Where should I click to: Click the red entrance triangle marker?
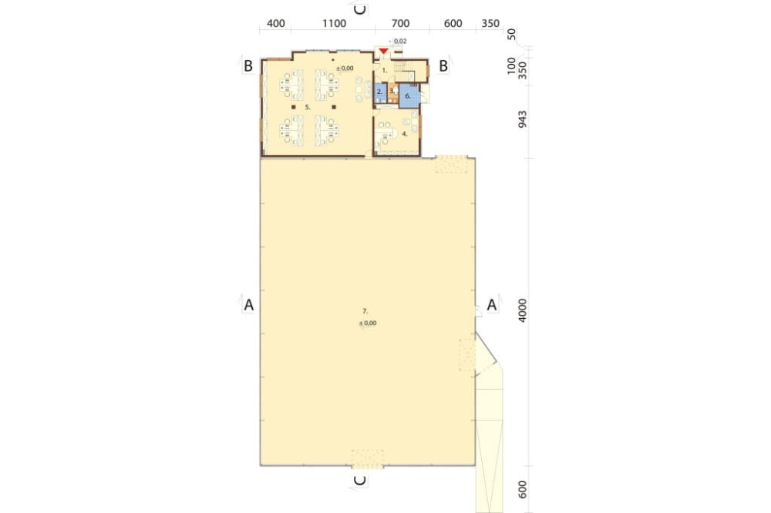coord(383,51)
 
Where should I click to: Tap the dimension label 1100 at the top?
coord(335,24)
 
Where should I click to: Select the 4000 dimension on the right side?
coord(522,310)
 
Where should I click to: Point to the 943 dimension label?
coord(522,119)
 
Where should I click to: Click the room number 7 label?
coord(365,311)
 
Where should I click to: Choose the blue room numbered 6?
coord(408,96)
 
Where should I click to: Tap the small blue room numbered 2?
coord(380,93)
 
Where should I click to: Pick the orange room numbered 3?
coord(392,93)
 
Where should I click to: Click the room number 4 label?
coord(405,134)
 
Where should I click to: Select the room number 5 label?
coord(308,106)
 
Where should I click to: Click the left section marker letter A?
coord(249,305)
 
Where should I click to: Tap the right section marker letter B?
coord(443,66)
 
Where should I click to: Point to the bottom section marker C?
coord(360,480)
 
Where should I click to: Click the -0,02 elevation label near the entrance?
coord(399,42)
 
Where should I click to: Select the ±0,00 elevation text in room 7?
coord(368,324)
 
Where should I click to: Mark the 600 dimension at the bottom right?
coord(522,489)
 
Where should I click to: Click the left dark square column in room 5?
coord(294,106)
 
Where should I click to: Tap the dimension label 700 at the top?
coord(401,24)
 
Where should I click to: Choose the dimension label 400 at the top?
coord(276,24)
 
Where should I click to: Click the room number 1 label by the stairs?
coord(385,71)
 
